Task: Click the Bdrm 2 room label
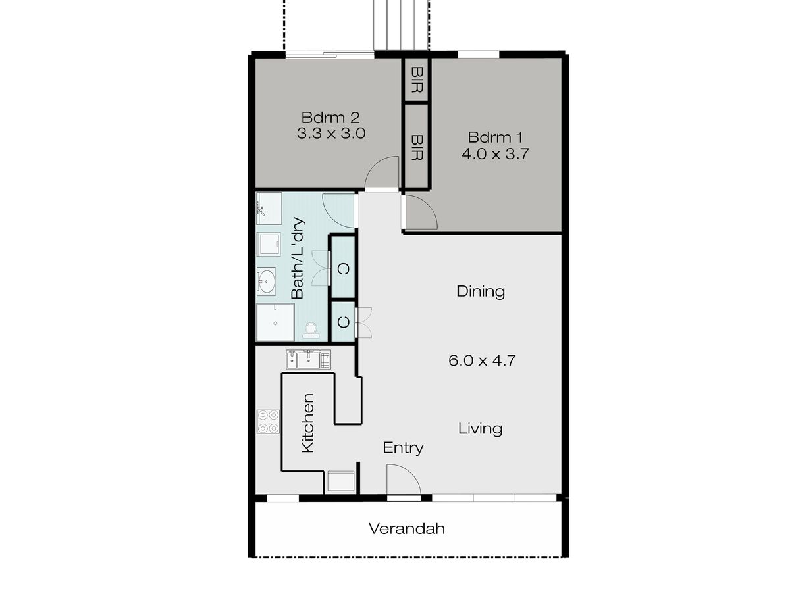[330, 118]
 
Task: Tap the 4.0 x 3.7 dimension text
[495, 154]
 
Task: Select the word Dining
[480, 291]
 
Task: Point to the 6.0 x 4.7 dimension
[482, 360]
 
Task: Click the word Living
[480, 429]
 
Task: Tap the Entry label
[403, 448]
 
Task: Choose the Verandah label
[406, 529]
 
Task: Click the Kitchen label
[307, 423]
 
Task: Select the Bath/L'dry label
[298, 258]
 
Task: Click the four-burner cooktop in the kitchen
[268, 422]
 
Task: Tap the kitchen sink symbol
[309, 359]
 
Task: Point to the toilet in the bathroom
[311, 331]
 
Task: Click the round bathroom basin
[267, 280]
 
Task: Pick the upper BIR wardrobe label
[417, 80]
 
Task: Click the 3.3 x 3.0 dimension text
[331, 134]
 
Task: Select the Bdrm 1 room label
[495, 137]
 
